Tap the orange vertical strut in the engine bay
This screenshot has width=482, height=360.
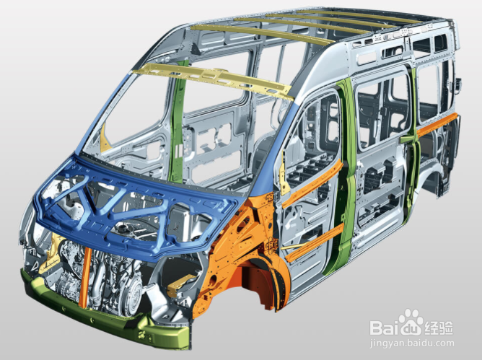pyautogui.click(x=84, y=278)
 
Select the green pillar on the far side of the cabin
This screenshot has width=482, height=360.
pyautogui.click(x=178, y=123)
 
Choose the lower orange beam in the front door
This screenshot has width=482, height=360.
pyautogui.click(x=314, y=243)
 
